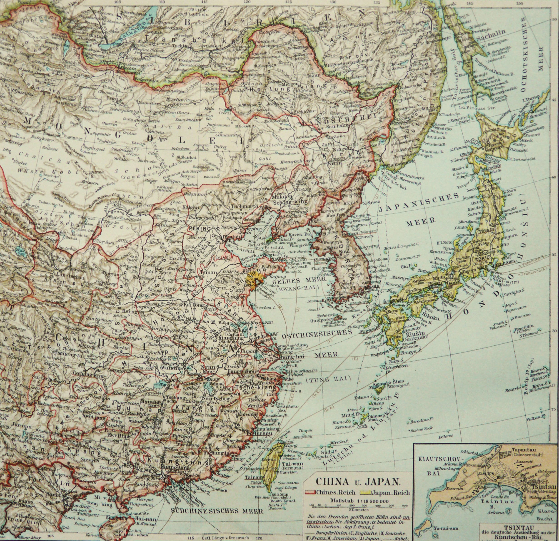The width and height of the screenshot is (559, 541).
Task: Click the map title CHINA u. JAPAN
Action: click(358, 482)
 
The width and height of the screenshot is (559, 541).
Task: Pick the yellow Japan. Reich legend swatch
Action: click(366, 493)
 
